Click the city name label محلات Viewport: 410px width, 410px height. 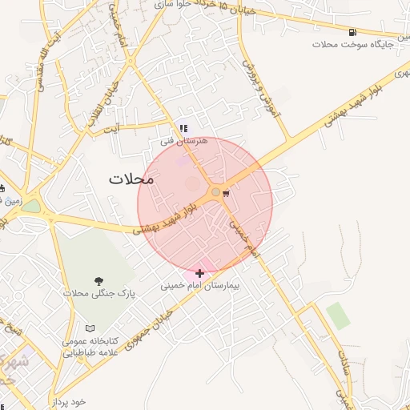click(131, 179)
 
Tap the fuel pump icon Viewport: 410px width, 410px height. click(353, 32)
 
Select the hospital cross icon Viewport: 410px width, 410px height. click(199, 273)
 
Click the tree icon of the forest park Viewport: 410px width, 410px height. click(99, 280)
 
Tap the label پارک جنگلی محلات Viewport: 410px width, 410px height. click(99, 293)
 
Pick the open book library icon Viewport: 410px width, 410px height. click(90, 328)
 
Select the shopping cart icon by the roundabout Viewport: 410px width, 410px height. click(227, 193)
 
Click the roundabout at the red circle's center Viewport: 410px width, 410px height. click(215, 193)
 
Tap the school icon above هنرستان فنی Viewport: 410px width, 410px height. click(183, 127)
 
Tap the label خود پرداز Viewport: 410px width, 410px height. click(69, 400)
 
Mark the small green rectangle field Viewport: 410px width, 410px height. click(338, 316)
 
